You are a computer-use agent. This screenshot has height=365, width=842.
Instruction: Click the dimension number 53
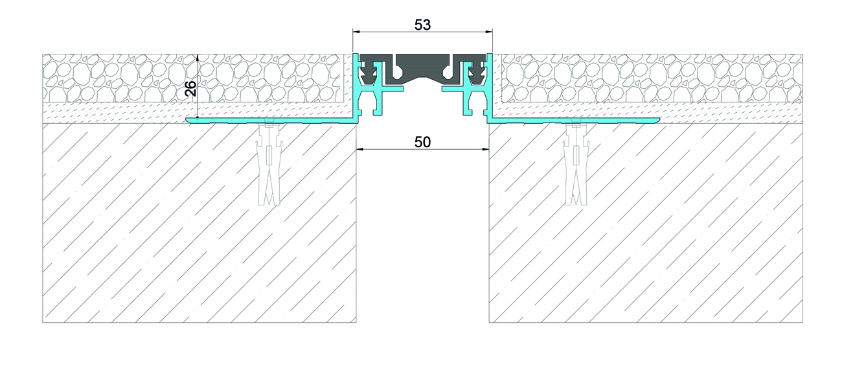(x=422, y=25)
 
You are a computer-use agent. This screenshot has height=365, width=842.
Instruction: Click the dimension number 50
(x=422, y=142)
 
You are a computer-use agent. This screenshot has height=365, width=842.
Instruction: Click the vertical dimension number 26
(x=191, y=89)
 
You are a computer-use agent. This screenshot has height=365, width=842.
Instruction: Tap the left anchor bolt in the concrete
(x=269, y=163)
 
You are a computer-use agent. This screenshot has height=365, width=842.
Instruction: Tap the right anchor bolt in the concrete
(x=576, y=163)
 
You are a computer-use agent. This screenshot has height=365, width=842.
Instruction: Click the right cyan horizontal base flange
(x=574, y=120)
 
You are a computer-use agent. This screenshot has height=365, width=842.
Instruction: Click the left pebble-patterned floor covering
(x=193, y=78)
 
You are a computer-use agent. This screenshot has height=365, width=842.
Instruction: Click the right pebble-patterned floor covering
(x=652, y=78)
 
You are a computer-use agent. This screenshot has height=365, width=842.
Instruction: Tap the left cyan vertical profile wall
(x=355, y=86)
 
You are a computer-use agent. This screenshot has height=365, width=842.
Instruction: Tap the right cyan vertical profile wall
(x=490, y=86)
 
